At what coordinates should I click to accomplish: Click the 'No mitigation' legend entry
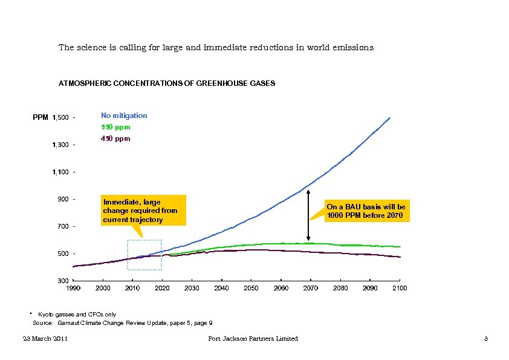(x=124, y=116)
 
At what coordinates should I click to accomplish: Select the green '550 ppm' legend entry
(x=115, y=128)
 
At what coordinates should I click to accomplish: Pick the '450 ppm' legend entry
(x=115, y=139)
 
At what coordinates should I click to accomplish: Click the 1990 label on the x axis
(x=73, y=289)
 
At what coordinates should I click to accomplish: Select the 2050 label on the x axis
(x=251, y=289)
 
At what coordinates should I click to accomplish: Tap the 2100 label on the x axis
(x=399, y=289)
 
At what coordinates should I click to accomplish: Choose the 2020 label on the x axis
(x=162, y=289)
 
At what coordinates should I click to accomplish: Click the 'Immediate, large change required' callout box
(x=141, y=210)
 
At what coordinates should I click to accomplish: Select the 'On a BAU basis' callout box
(x=366, y=211)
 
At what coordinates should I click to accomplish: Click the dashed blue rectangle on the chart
(x=144, y=254)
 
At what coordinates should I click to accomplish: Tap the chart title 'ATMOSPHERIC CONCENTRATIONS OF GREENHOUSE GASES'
(x=167, y=83)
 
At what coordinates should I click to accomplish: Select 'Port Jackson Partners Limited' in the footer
(x=253, y=339)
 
